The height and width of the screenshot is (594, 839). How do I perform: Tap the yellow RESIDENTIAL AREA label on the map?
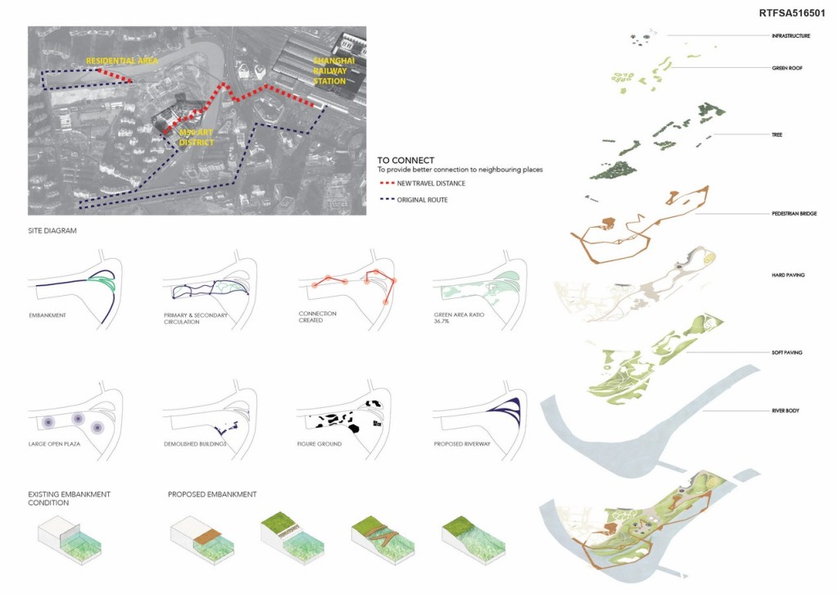tap(122, 61)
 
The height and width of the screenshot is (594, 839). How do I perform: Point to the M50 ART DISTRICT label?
tap(197, 138)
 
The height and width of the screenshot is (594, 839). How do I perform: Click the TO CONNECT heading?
tap(406, 160)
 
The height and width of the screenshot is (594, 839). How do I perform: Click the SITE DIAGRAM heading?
tap(52, 231)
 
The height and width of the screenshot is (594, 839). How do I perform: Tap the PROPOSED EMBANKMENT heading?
tap(212, 494)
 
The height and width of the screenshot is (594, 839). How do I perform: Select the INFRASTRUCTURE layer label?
tap(791, 36)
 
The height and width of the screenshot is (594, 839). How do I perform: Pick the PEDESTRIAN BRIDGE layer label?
tap(793, 214)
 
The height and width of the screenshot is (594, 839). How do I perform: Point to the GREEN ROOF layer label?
tap(786, 68)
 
